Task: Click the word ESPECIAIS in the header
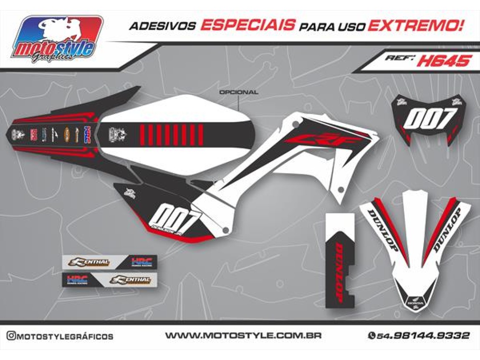point(248,26)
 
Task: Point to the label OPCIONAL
point(239,92)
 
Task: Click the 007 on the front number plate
point(429,118)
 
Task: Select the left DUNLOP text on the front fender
point(383,229)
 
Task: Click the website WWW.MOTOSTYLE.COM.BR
point(243,335)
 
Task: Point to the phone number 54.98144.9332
point(423,335)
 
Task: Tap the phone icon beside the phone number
point(371,335)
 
